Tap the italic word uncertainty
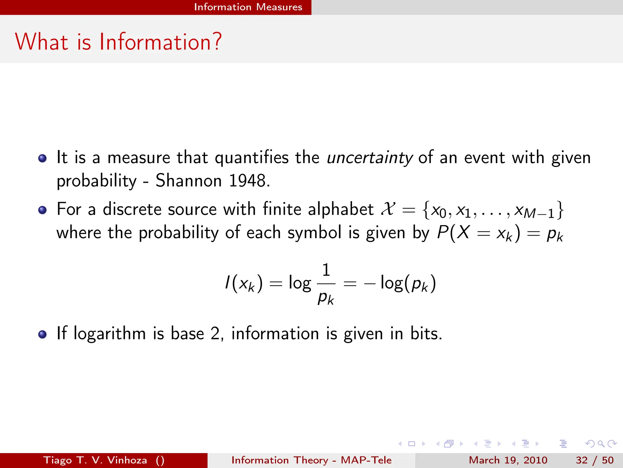[370, 158]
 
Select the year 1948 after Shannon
[248, 181]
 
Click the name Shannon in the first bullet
[189, 181]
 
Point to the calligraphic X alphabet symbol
[388, 209]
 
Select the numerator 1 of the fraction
[326, 270]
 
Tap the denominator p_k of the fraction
[326, 298]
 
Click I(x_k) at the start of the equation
[243, 283]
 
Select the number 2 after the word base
[215, 333]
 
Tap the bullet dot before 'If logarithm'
[43, 334]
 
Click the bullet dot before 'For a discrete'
[43, 210]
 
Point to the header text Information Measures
[248, 7]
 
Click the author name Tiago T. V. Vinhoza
[95, 460]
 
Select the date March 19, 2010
[508, 460]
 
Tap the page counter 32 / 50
[595, 460]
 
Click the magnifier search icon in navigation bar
[601, 444]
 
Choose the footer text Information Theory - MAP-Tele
[311, 460]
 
